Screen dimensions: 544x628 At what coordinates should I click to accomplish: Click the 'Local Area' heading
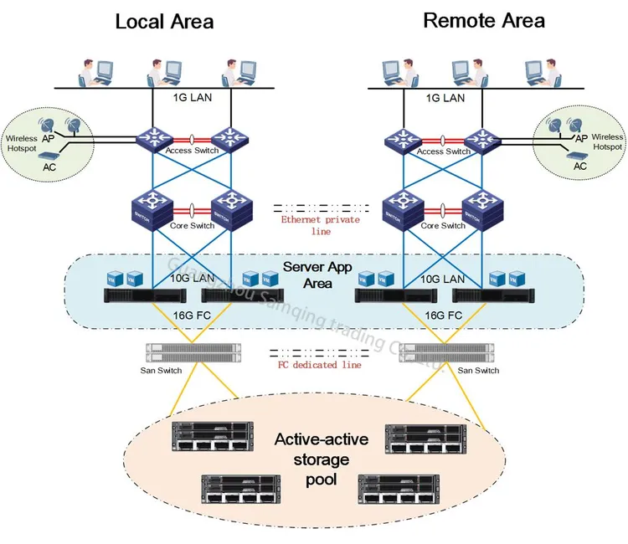pyautogui.click(x=164, y=21)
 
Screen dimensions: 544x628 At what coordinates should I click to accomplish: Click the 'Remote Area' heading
pyautogui.click(x=484, y=20)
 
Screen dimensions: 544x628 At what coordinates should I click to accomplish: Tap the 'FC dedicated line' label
pyautogui.click(x=320, y=365)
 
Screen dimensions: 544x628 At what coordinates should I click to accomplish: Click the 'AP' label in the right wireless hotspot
pyautogui.click(x=579, y=137)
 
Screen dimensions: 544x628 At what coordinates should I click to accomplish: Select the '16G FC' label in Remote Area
pyautogui.click(x=444, y=316)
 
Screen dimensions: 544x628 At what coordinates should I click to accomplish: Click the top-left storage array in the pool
pyautogui.click(x=213, y=436)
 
